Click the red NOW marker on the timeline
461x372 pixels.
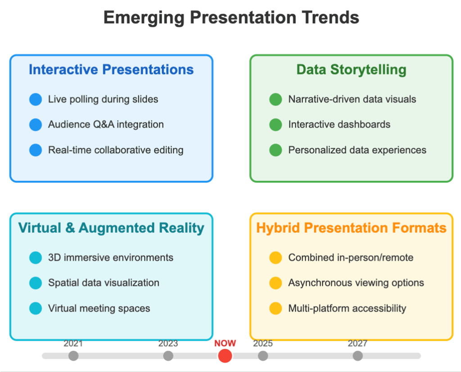pos(225,356)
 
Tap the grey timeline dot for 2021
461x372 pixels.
pos(73,356)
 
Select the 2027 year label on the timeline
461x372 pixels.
pos(357,344)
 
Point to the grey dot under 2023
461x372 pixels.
pos(168,356)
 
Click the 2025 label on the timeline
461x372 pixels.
pos(263,344)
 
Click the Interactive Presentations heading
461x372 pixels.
pos(111,70)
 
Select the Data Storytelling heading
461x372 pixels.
pos(351,70)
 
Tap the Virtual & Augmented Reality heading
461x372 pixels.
pos(111,228)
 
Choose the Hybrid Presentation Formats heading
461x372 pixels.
pos(351,228)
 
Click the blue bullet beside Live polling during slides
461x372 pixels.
pos(36,99)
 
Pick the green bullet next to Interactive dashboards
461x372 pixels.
pos(276,124)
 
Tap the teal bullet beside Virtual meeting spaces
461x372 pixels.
pos(36,308)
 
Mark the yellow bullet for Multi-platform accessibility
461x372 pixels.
pos(276,308)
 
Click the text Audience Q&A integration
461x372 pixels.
pos(106,124)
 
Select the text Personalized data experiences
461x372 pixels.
pos(357,150)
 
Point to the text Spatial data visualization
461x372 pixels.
pos(104,283)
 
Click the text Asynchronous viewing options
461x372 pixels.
pos(356,283)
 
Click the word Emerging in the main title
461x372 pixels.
pos(144,18)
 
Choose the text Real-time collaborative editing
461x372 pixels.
pos(116,150)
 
